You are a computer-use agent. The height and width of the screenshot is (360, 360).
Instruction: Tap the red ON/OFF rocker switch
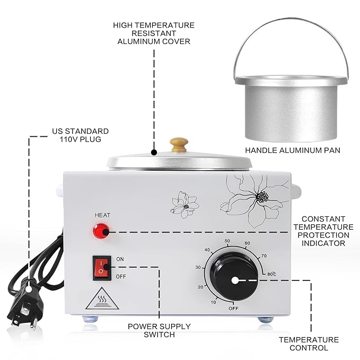pyautogui.click(x=101, y=267)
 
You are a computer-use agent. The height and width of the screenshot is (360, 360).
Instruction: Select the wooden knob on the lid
pyautogui.click(x=179, y=145)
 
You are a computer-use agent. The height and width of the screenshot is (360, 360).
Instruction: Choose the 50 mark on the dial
pyautogui.click(x=228, y=241)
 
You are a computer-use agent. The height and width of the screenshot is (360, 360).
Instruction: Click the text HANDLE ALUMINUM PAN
pyautogui.click(x=290, y=151)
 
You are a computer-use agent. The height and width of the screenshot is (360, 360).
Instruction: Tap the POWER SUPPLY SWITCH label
pyautogui.click(x=159, y=330)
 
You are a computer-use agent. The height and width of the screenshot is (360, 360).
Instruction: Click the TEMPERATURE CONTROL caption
pyautogui.click(x=309, y=344)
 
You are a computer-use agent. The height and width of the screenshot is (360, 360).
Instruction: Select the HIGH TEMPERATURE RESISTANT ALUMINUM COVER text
pyautogui.click(x=154, y=33)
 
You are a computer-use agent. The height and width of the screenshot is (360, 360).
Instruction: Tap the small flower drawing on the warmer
pyautogui.click(x=185, y=205)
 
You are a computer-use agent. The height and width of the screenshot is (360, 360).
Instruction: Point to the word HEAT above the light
pyautogui.click(x=102, y=215)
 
